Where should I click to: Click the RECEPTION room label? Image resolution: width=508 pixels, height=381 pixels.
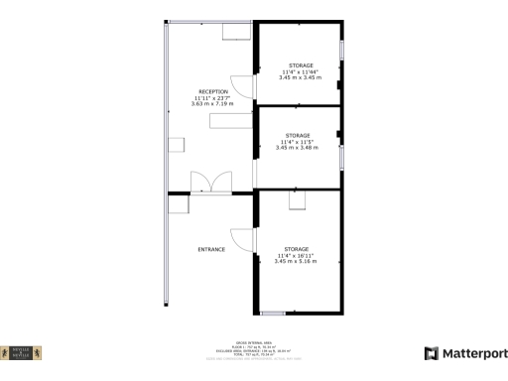point(212,91)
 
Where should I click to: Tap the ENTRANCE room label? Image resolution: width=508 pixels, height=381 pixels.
point(211,249)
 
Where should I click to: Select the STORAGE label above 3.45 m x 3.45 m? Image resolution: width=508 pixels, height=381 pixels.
point(299,64)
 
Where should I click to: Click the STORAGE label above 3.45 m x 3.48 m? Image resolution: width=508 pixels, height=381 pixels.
point(298,135)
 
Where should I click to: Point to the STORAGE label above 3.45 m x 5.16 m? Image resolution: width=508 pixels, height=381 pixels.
point(297,248)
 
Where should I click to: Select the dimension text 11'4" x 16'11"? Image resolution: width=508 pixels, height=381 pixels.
point(297,255)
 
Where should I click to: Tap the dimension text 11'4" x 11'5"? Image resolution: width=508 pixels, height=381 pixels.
point(298,142)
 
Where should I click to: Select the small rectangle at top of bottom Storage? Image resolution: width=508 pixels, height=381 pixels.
point(297,201)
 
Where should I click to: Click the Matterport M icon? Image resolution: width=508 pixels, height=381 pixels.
point(432,353)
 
